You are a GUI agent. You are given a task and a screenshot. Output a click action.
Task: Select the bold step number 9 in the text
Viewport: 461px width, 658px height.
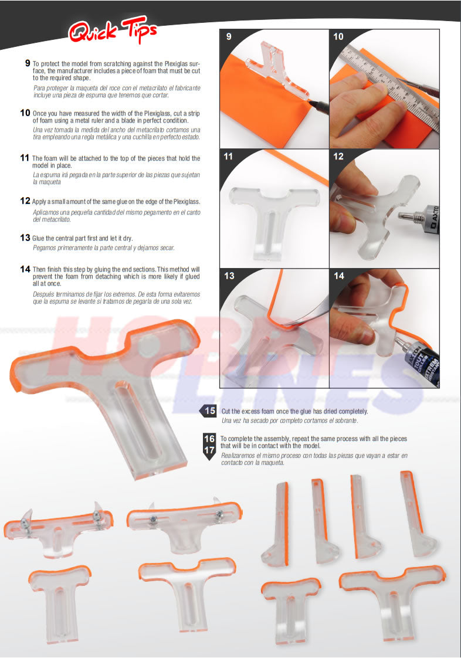click(x=28, y=62)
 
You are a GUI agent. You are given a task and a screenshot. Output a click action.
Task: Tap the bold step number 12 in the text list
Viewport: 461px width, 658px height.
click(x=25, y=201)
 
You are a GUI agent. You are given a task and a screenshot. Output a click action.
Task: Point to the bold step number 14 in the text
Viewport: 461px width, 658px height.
click(x=25, y=269)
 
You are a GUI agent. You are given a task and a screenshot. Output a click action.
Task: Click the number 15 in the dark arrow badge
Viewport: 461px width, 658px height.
click(x=210, y=411)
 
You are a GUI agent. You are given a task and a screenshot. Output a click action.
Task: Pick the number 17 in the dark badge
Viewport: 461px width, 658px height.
click(x=209, y=450)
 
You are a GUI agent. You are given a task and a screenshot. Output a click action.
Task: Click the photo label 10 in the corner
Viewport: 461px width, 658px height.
click(x=338, y=36)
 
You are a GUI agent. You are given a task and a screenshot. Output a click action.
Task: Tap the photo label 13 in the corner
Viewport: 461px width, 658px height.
click(x=229, y=276)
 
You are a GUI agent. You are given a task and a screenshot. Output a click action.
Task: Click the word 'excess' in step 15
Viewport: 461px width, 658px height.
click(x=252, y=411)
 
